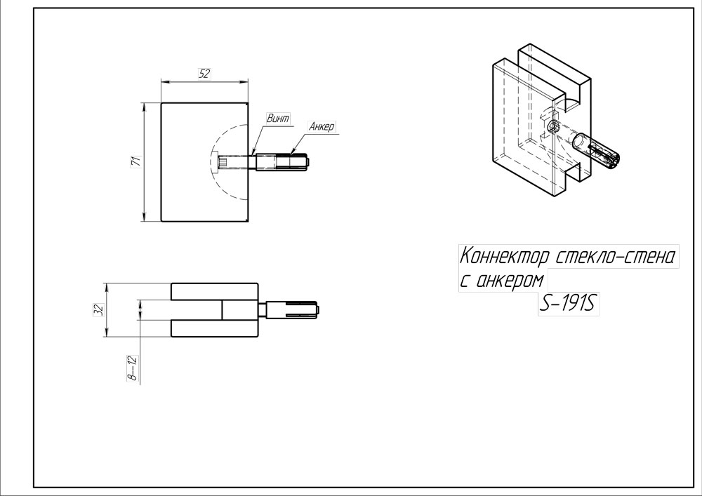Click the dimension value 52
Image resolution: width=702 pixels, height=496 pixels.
(x=204, y=74)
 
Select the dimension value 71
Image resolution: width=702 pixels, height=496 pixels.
(x=136, y=161)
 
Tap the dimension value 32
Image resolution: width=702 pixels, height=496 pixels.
(x=100, y=309)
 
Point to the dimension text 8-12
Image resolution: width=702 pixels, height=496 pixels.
(x=133, y=368)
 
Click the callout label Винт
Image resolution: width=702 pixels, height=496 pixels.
(x=278, y=119)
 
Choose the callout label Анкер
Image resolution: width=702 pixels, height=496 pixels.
(x=322, y=126)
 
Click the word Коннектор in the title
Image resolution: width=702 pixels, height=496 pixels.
(x=505, y=257)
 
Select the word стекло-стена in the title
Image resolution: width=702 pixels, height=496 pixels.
(x=615, y=257)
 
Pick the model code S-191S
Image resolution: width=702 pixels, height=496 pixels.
(x=569, y=304)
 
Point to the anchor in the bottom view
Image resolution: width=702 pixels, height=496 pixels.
(x=292, y=309)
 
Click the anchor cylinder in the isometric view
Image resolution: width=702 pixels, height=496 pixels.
(x=596, y=153)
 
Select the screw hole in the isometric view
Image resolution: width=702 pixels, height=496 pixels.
(x=553, y=126)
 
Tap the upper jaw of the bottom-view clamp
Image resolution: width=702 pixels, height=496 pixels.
(x=214, y=291)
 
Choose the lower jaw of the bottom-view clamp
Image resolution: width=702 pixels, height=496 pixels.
(x=214, y=328)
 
